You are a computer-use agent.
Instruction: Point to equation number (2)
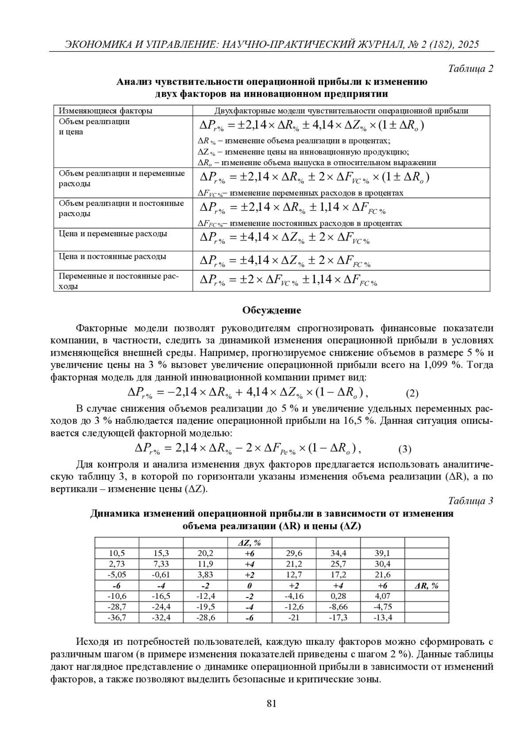pyautogui.click(x=412, y=393)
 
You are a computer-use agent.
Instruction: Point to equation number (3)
pyautogui.click(x=404, y=450)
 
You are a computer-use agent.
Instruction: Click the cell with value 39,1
pyautogui.click(x=382, y=553)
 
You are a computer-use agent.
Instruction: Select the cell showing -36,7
pyautogui.click(x=117, y=617)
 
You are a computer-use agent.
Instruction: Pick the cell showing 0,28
pyautogui.click(x=338, y=596)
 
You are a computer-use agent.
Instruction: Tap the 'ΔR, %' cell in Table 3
pyautogui.click(x=426, y=585)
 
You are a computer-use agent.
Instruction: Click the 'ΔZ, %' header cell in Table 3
pyautogui.click(x=249, y=543)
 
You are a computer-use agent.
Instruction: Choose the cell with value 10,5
pyautogui.click(x=117, y=553)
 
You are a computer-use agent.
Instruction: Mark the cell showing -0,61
pyautogui.click(x=161, y=575)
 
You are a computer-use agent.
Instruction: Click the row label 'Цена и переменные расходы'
pyautogui.click(x=113, y=234)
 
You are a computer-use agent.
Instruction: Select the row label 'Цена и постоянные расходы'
pyautogui.click(x=112, y=256)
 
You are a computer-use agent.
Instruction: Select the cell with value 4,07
pyautogui.click(x=382, y=596)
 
